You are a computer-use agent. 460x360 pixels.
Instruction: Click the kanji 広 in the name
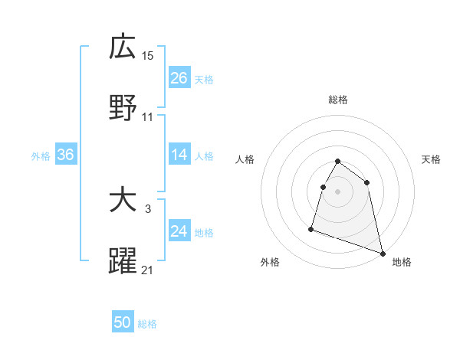[123, 47]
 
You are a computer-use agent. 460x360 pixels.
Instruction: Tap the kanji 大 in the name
[123, 201]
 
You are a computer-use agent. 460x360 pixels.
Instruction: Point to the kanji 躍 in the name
[123, 261]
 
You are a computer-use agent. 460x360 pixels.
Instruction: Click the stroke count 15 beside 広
[148, 55]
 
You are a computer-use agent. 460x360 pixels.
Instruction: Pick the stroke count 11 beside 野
[148, 117]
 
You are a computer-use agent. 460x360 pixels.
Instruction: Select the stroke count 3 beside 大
[148, 208]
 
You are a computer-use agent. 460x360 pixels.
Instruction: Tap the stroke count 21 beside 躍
[148, 269]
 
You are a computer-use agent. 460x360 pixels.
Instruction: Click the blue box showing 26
[179, 78]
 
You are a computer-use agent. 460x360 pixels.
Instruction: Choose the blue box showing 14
[179, 155]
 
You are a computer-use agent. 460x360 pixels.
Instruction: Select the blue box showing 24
[179, 231]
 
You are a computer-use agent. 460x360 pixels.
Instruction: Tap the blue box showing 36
[66, 155]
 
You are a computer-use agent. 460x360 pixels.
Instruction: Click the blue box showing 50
[123, 322]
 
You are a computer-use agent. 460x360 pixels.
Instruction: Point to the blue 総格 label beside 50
[147, 324]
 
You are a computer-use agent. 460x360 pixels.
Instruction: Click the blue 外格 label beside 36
[41, 156]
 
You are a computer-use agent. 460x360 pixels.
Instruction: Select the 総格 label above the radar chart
[338, 100]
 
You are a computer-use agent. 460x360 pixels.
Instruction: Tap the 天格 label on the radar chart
[432, 159]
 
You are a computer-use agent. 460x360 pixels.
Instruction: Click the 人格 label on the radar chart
[245, 159]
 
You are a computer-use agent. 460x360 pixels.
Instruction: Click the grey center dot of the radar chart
[338, 191]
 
